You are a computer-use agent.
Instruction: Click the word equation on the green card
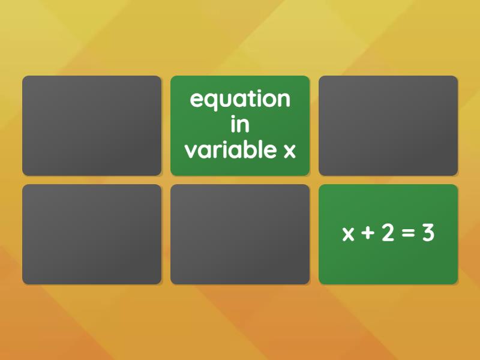pos(240,100)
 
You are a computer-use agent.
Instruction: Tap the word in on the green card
pos(240,125)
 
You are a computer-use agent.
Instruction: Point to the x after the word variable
pos(289,151)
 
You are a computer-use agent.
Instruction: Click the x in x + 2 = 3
pos(348,234)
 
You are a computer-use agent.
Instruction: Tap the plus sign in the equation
pos(367,234)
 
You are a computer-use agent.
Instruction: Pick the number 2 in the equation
pos(387,233)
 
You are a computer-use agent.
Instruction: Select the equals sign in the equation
pos(407,234)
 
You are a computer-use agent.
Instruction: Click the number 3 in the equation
pos(428,233)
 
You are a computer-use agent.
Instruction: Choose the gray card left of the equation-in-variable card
pos(92,125)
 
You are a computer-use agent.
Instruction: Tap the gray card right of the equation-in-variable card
pos(388,125)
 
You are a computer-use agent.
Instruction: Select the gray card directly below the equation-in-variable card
pos(240,234)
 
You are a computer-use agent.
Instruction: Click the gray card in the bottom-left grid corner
pos(92,234)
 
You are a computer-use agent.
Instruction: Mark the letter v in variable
pos(190,151)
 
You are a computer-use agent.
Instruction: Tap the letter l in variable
pos(256,150)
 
